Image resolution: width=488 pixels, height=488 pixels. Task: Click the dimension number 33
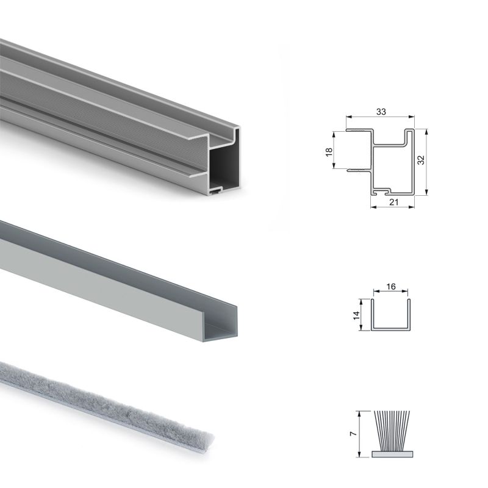coord(381,112)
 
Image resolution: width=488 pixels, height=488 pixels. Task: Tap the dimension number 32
coord(421,160)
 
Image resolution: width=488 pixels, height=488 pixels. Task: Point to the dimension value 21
coord(393,203)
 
